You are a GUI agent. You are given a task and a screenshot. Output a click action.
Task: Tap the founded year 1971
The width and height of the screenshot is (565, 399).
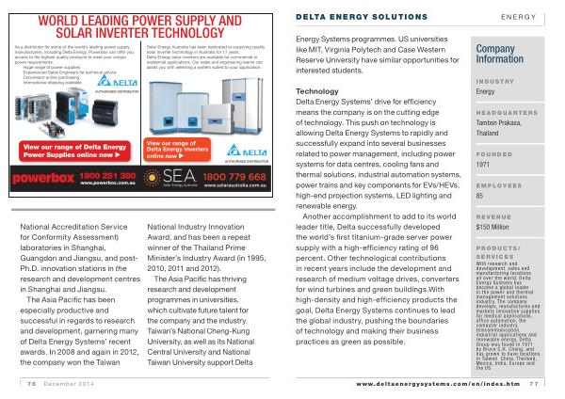point(485,164)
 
